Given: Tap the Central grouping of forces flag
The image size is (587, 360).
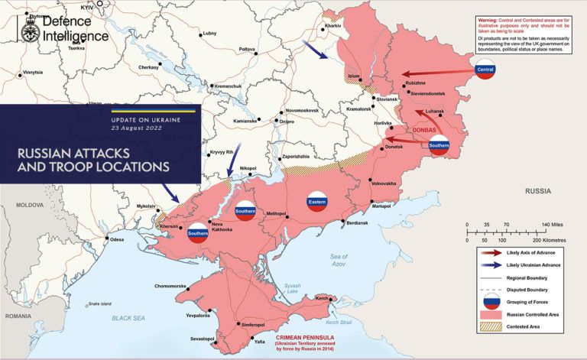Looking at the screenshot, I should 485,71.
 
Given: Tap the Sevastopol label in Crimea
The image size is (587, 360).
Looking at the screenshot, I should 203,337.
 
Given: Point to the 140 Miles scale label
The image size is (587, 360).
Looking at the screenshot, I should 553,225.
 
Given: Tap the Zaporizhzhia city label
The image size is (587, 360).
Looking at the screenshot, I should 295,156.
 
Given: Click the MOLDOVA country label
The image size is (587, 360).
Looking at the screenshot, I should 31,205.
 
